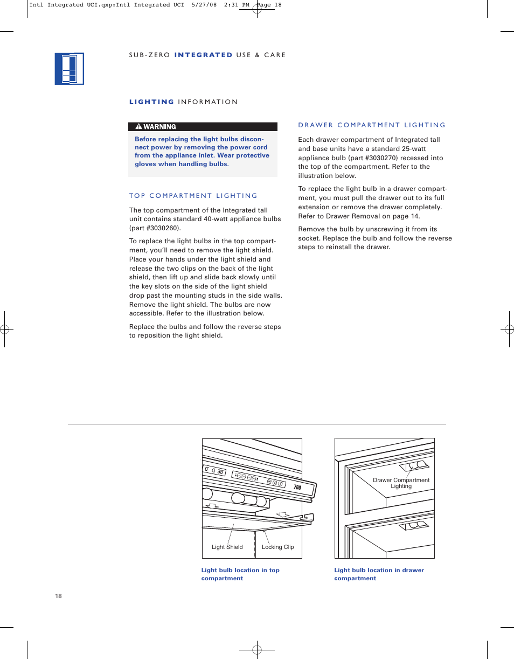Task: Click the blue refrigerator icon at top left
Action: [70, 69]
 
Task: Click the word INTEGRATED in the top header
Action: [203, 55]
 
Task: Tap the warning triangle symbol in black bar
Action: [138, 127]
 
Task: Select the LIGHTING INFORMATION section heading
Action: [183, 102]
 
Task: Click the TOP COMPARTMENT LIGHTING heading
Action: [193, 196]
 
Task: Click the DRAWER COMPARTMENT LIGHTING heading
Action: [372, 125]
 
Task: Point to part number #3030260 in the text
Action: [162, 228]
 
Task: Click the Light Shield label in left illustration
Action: [227, 547]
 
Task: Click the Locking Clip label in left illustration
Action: [277, 547]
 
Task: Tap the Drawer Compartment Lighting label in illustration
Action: [401, 483]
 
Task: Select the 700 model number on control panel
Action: [297, 488]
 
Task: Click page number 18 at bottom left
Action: [58, 596]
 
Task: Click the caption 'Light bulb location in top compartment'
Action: [240, 574]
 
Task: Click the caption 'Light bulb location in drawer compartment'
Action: [379, 574]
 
